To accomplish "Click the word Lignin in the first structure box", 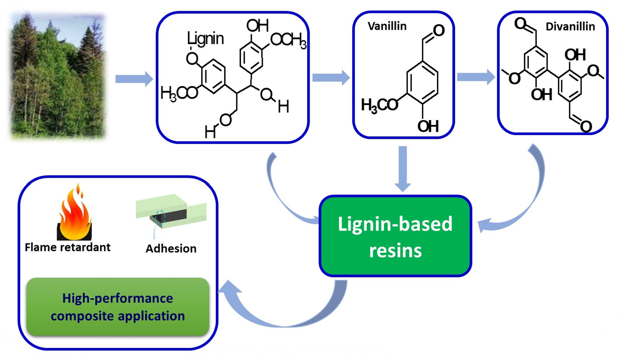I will coord(205,38).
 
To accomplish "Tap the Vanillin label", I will coord(387,26).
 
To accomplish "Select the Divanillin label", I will coord(570,27).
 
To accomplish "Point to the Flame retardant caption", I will coord(68,247).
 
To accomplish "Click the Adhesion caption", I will coord(171,249).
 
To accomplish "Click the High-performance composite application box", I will coord(118,307).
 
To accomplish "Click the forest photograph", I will coord(58,76).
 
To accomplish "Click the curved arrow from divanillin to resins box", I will coord(528,194).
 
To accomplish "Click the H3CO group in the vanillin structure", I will coord(379,105).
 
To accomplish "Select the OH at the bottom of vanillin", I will coord(428,126).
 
